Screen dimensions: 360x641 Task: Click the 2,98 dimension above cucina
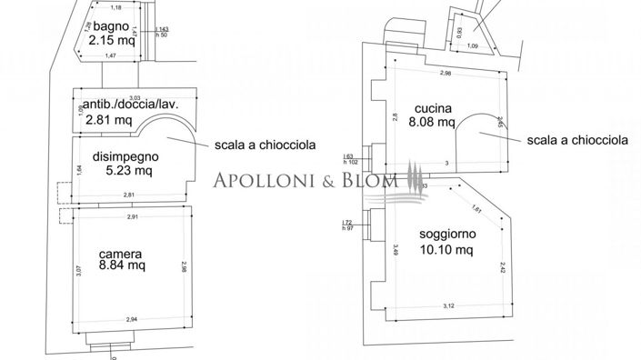(446, 73)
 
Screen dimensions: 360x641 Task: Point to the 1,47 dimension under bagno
(112, 57)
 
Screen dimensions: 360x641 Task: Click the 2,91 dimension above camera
(133, 217)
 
